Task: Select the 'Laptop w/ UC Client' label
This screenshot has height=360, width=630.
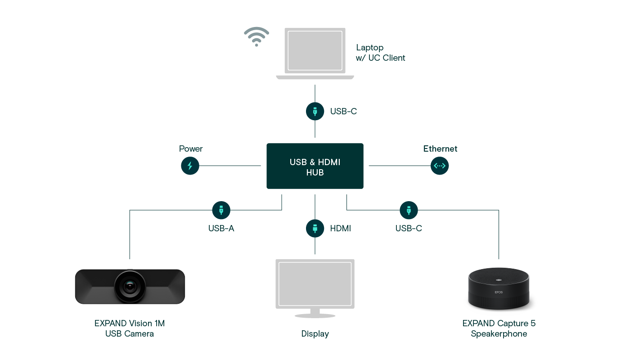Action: (x=380, y=53)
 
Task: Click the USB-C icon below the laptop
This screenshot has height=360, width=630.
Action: (x=315, y=111)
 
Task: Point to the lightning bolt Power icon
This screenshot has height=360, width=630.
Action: (x=190, y=166)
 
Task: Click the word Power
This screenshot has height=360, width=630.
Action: (x=191, y=149)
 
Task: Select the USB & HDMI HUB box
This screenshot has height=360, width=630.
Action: (x=315, y=166)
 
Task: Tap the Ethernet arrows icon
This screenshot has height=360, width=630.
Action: (x=440, y=166)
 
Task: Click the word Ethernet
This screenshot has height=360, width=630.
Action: (x=440, y=149)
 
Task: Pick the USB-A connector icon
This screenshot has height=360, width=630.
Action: (x=221, y=210)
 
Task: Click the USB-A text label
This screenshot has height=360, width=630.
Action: (x=221, y=229)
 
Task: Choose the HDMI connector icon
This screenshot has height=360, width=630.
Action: (x=315, y=228)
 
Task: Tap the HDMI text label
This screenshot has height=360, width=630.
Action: (x=341, y=229)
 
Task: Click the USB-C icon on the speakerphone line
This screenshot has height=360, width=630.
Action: (x=409, y=210)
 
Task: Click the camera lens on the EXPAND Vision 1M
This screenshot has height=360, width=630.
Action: (x=130, y=286)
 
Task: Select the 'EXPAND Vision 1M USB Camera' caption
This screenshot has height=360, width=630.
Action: (x=130, y=328)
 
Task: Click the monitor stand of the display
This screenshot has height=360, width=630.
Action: (x=315, y=313)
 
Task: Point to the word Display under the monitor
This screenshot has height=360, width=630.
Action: (x=315, y=334)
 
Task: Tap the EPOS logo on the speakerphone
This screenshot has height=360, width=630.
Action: (x=499, y=292)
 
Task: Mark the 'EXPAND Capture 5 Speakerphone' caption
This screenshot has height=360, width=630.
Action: (x=499, y=328)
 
